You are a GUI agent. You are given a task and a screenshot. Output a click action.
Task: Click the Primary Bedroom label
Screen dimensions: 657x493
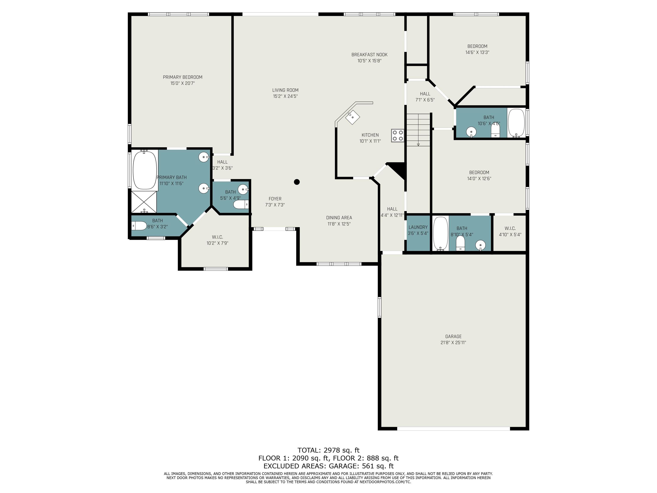183,77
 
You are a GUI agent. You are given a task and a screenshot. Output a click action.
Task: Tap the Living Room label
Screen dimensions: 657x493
286,90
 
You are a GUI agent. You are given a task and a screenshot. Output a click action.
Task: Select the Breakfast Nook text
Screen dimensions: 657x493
370,55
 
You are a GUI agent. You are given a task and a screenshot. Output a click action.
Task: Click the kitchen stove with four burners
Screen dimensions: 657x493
397,135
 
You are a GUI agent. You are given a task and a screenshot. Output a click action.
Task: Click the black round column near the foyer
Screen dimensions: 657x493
297,182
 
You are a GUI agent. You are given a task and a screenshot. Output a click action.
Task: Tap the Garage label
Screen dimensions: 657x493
453,336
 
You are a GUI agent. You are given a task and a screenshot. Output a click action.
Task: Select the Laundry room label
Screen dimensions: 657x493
418,227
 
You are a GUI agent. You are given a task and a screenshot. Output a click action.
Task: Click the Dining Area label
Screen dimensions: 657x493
339,218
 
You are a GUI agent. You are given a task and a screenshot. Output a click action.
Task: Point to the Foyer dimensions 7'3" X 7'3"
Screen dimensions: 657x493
275,205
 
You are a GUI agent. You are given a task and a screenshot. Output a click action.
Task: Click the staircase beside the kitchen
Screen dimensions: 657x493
418,130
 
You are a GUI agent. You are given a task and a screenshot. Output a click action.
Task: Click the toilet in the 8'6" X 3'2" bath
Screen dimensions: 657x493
139,226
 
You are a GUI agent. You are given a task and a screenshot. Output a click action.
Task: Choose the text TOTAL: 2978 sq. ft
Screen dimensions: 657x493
328,450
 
